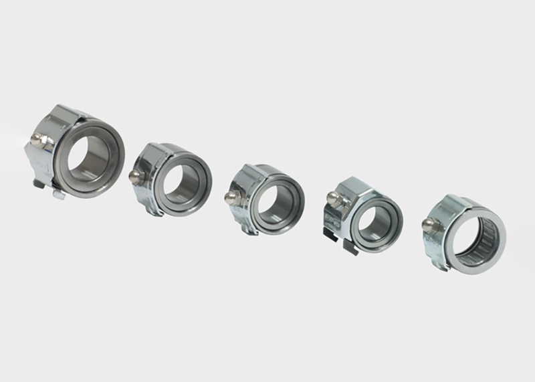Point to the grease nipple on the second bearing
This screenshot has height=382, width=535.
pos(134,175)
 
